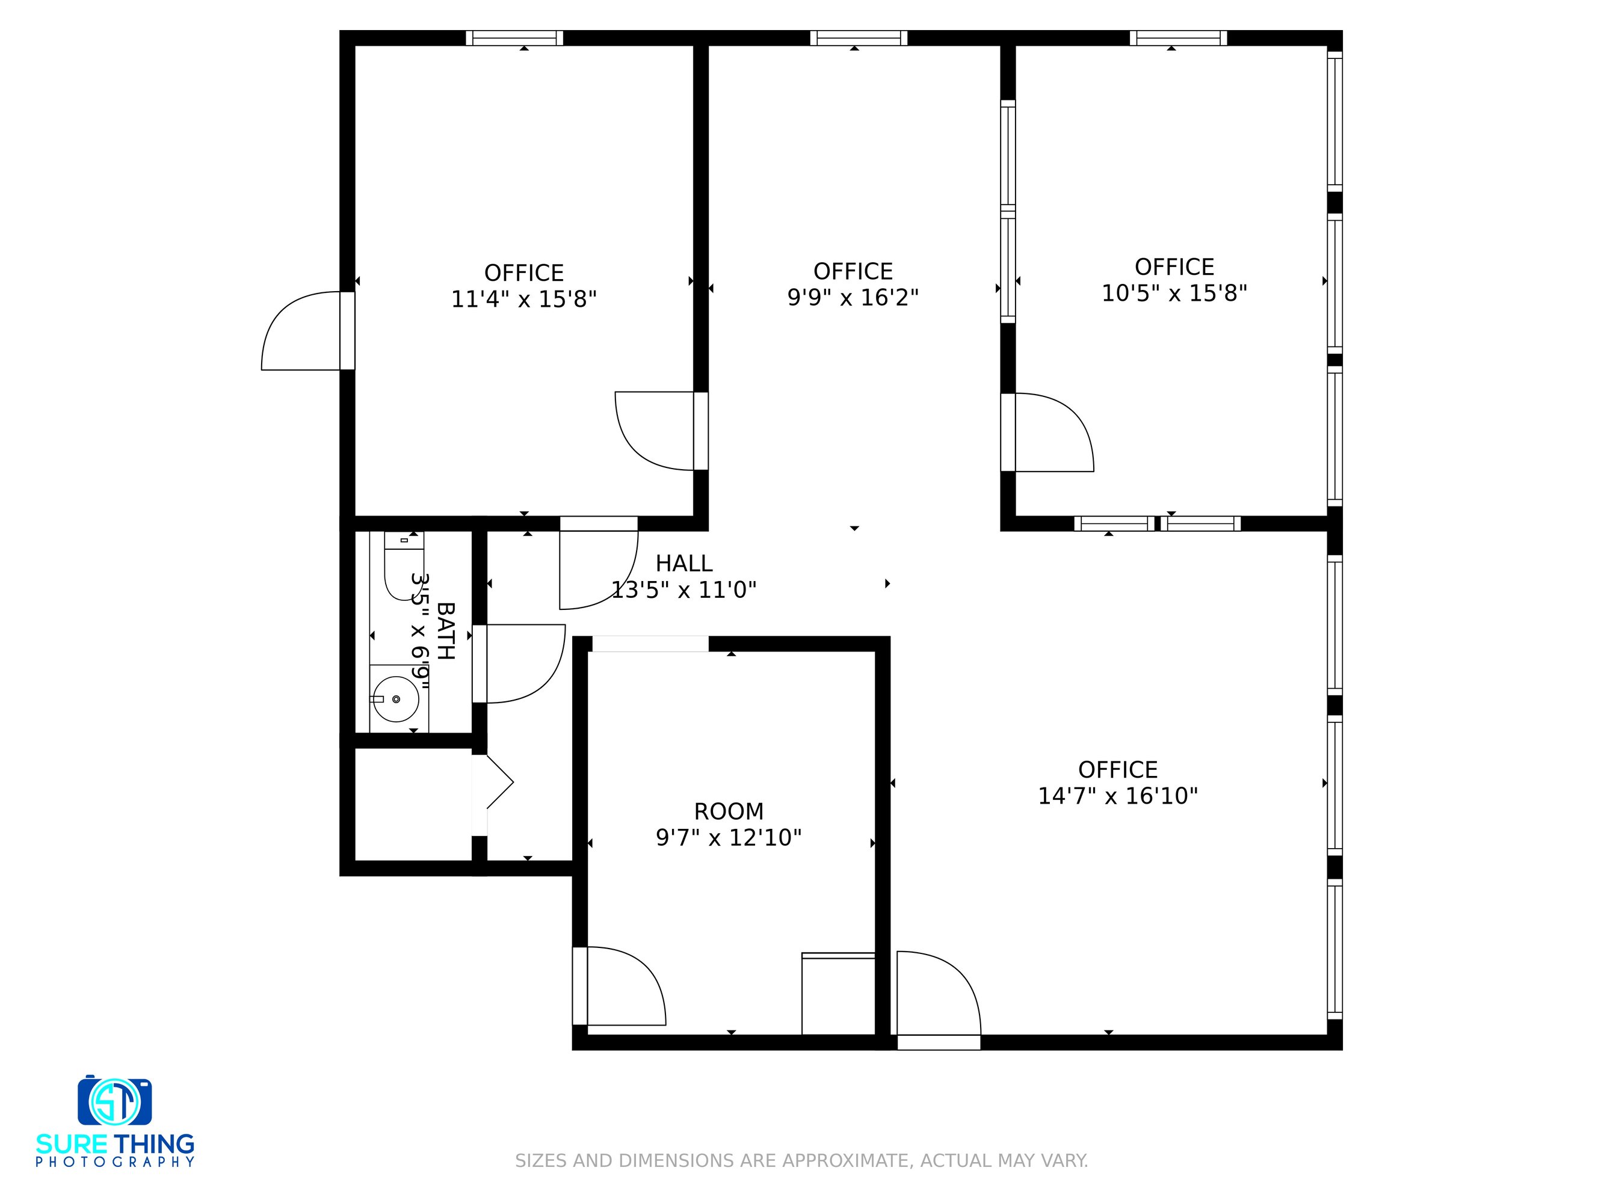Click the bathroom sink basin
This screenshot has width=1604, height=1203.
click(x=395, y=699)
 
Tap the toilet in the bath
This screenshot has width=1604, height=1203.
click(x=404, y=565)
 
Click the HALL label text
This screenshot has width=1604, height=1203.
click(x=684, y=564)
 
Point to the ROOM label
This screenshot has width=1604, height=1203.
click(x=729, y=811)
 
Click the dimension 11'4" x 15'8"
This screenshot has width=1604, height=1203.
click(x=523, y=300)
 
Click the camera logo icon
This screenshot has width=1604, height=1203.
click(x=114, y=1100)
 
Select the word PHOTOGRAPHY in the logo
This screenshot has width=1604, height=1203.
click(x=116, y=1161)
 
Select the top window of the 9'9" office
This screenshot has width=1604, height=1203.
click(x=859, y=38)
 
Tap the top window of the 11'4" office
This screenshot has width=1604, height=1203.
click(x=514, y=38)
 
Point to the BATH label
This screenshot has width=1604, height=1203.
click(x=445, y=631)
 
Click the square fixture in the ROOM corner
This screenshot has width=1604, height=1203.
click(x=838, y=994)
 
